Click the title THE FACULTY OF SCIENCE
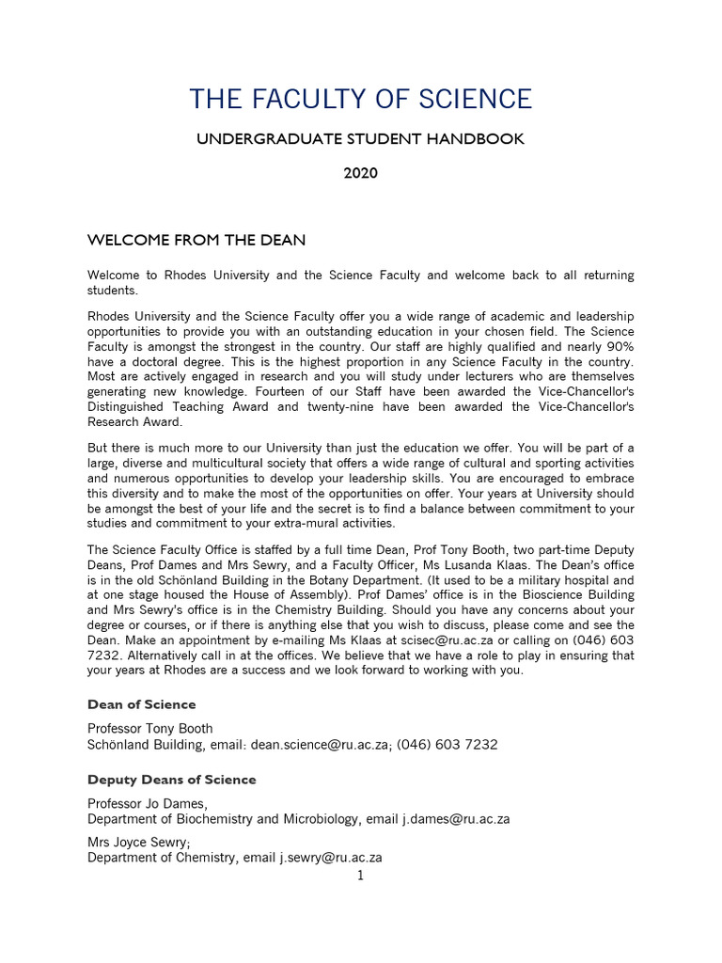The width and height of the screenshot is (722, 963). [x=360, y=98]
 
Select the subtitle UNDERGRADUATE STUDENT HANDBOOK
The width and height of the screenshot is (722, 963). [x=360, y=139]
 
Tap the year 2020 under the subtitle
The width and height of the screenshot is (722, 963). [x=360, y=174]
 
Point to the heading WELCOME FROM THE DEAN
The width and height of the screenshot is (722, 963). [x=196, y=241]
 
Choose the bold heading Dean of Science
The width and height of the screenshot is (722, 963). [x=142, y=704]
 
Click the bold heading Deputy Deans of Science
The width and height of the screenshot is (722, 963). [x=172, y=780]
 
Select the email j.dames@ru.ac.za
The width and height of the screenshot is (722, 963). [x=456, y=819]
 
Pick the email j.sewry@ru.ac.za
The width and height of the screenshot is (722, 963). [x=331, y=858]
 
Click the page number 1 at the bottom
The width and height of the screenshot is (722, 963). [x=360, y=876]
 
